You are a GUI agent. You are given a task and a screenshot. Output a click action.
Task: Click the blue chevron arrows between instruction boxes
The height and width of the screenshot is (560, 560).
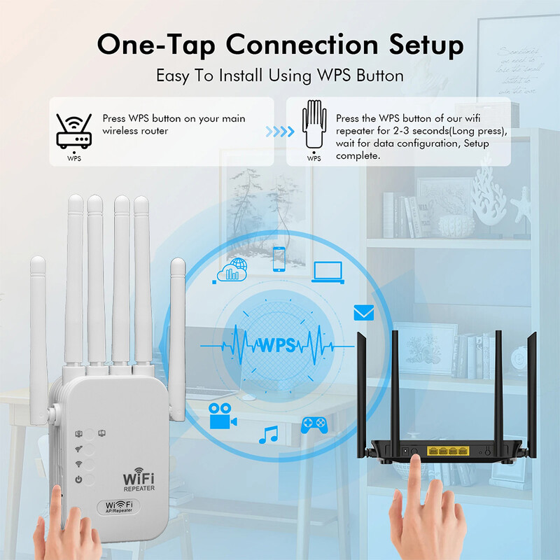coord(279,132)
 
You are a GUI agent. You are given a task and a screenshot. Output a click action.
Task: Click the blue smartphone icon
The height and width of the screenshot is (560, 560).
coord(279,258)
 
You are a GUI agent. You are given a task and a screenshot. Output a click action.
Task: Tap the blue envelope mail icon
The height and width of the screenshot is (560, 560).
coord(364,312)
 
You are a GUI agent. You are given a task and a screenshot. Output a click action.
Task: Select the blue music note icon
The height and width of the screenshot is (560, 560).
coord(268,435)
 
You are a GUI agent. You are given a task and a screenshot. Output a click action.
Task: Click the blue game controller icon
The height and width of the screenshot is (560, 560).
coord(314,424)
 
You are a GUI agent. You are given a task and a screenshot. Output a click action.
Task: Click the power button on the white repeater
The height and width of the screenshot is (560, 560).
coord(79,479)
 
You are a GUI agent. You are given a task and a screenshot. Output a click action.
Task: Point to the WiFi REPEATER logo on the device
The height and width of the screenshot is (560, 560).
coord(139,479)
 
